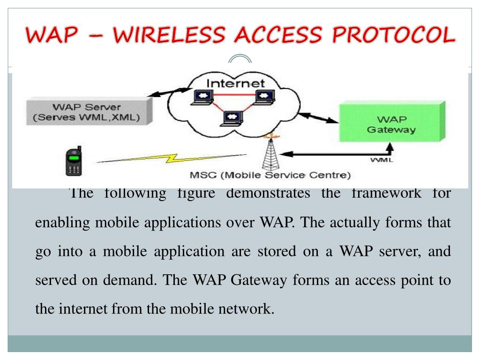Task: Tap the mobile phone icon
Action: click(73, 161)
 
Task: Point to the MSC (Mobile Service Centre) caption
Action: click(270, 176)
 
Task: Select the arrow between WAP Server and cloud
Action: click(168, 91)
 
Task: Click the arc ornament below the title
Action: click(240, 59)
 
